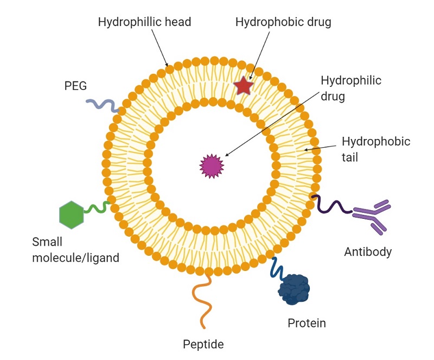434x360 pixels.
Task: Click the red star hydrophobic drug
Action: coord(243,86)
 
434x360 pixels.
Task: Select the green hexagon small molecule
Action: coord(72,214)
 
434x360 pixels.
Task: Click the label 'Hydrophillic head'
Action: coord(144,22)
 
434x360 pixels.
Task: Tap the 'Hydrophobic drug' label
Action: coord(283,22)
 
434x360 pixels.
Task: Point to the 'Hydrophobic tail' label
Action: coord(376,149)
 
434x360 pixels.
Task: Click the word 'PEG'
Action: coord(75,86)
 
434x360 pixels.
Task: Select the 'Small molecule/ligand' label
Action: coord(75,249)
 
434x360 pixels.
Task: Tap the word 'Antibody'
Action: coord(368,251)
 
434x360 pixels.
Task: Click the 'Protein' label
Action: coord(307,324)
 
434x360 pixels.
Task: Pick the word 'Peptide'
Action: coord(203,344)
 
